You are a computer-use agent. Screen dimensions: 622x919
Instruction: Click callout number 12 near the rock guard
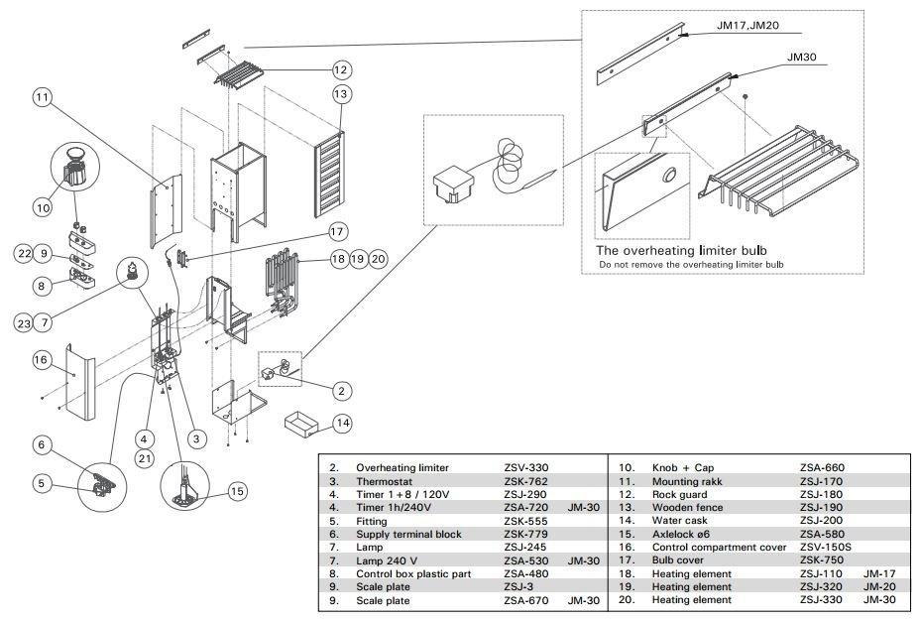[x=340, y=69]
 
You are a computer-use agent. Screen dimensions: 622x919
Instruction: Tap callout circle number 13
[x=342, y=94]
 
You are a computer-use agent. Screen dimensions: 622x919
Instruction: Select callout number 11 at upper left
[x=41, y=97]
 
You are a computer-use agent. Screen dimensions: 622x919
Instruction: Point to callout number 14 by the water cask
[x=342, y=423]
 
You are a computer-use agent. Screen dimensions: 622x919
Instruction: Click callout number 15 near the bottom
[x=236, y=490]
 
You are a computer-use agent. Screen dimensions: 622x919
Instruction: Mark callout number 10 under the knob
[x=43, y=208]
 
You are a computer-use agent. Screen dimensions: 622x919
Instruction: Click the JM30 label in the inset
[x=801, y=59]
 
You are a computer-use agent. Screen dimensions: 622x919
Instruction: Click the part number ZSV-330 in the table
[x=525, y=467]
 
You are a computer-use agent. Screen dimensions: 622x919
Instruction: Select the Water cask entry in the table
[x=679, y=521]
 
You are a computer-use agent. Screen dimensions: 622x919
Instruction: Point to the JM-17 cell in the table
[x=878, y=574]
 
